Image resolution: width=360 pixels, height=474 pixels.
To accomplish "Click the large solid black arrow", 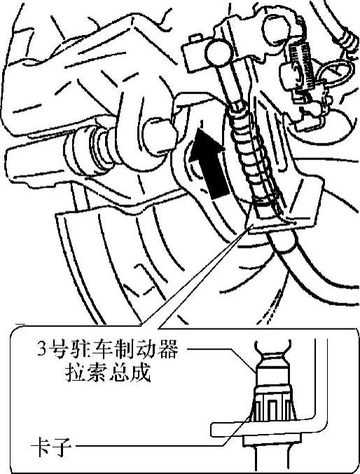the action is (209, 163).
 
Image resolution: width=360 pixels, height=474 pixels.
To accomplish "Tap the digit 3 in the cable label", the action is (41, 350).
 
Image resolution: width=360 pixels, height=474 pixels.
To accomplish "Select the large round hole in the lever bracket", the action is (275, 28).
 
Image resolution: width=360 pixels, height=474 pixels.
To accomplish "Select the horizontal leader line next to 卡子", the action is (149, 445).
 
